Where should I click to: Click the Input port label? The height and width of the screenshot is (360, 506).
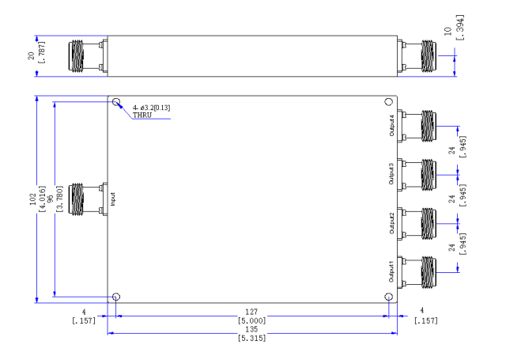pos(112,199)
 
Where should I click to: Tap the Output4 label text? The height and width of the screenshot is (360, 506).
pos(392,126)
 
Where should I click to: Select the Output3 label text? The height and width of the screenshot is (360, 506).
pos(391,174)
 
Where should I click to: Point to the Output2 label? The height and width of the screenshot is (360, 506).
pos(392,223)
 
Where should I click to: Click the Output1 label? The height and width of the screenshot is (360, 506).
pos(391,272)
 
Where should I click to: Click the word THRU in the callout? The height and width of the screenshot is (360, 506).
pos(142,115)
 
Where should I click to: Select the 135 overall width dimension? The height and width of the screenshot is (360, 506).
pos(251,329)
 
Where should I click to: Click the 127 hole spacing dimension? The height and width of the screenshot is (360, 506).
pos(251,312)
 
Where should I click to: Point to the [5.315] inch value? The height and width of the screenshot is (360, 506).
pos(251,338)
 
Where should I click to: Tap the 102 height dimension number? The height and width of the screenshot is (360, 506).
pos(32,199)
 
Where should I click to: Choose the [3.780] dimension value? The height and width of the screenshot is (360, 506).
pos(60,199)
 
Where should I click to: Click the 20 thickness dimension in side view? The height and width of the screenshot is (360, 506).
pos(31,56)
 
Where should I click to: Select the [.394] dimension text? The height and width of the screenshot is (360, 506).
pos(460,28)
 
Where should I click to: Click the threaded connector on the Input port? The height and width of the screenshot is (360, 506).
pos(77,199)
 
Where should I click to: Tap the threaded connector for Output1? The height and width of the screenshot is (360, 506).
pos(429,272)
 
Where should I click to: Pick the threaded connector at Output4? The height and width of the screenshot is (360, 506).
pos(429,127)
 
